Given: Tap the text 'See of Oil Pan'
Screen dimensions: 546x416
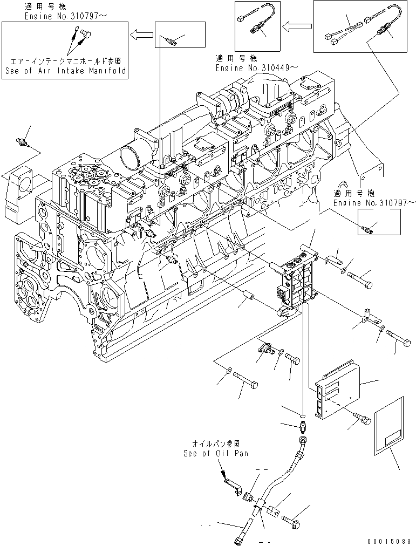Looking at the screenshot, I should tap(215, 453).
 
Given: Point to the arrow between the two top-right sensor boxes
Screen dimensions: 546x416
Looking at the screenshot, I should tap(298, 25).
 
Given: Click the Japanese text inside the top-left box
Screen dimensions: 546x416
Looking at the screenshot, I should tap(65, 62).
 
